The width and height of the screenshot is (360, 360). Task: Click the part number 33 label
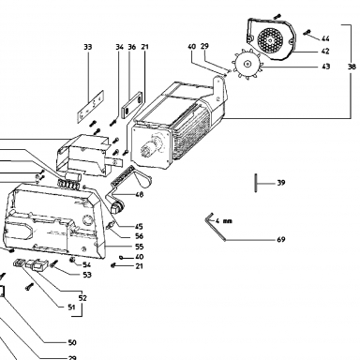pyautogui.click(x=88, y=47)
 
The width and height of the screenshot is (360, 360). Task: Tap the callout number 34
pyautogui.click(x=119, y=47)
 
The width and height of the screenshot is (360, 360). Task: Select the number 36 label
pyautogui.click(x=132, y=47)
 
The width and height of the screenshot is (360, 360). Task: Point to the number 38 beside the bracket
pyautogui.click(x=352, y=67)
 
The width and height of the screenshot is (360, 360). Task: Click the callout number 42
pyautogui.click(x=325, y=51)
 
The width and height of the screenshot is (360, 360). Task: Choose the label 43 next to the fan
pyautogui.click(x=325, y=67)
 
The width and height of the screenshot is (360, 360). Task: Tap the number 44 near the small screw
pyautogui.click(x=325, y=38)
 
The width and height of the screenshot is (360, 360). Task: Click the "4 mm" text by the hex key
pyautogui.click(x=224, y=221)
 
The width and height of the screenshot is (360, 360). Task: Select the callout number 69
pyautogui.click(x=281, y=239)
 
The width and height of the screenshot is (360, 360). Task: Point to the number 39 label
pyautogui.click(x=281, y=183)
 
